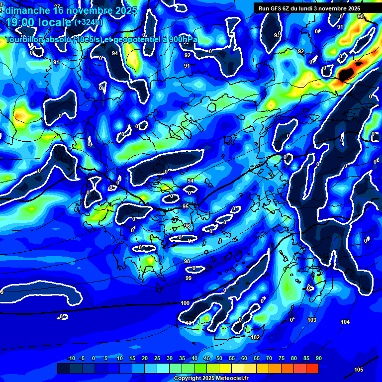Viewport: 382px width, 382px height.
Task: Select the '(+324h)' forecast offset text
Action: pyautogui.click(x=88, y=22)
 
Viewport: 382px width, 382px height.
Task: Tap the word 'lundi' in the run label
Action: pyautogui.click(x=314, y=8)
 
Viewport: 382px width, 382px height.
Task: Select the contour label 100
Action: pyautogui.click(x=185, y=303)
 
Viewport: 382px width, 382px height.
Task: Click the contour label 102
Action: pyautogui.click(x=255, y=337)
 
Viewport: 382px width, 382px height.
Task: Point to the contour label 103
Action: pyautogui.click(x=312, y=320)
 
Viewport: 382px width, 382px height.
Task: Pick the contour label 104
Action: pyautogui.click(x=345, y=322)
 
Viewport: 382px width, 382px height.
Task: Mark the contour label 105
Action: pyautogui.click(x=359, y=370)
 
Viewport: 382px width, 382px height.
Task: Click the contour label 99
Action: pyautogui.click(x=188, y=278)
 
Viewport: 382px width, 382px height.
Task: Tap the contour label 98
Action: pyautogui.click(x=187, y=261)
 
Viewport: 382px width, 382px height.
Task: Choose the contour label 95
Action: pyautogui.click(x=186, y=206)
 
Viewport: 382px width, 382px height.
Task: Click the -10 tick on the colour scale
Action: pyautogui.click(x=71, y=359)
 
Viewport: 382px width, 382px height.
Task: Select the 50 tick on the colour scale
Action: pyautogui.click(x=219, y=359)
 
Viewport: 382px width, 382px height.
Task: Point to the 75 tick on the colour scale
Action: pyautogui.click(x=282, y=359)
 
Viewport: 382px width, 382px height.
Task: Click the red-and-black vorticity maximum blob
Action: pyautogui.click(x=347, y=72)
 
